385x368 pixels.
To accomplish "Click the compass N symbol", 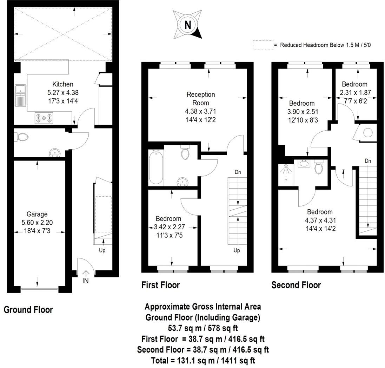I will (188, 25).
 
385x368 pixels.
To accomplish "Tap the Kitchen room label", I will (63, 84).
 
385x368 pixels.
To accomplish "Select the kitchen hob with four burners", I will (44, 118).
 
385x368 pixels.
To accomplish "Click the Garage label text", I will (37, 214).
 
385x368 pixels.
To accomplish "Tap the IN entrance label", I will (85, 281).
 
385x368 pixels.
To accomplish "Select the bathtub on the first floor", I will (156, 167).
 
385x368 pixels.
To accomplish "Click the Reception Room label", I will (201, 99).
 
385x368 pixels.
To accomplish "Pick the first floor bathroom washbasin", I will (182, 181).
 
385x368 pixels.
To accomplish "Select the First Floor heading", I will (160, 285).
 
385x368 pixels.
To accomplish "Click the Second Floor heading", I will (296, 285).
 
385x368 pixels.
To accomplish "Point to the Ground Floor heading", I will (28, 310).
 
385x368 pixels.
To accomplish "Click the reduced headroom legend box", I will (263, 45).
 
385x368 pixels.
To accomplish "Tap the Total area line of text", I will (203, 360).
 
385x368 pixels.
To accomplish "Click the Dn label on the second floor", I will (368, 161).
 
